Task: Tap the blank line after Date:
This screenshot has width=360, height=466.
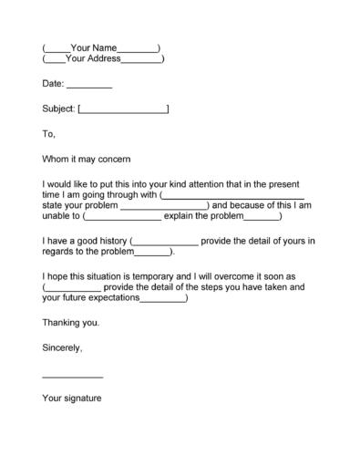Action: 89,85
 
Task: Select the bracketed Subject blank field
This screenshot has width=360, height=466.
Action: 124,110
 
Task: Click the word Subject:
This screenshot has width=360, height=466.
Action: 59,109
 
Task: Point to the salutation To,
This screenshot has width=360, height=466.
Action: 49,134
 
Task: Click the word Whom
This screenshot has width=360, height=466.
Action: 56,158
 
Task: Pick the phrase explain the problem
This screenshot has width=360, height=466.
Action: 205,216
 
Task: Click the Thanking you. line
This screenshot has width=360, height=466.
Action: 71,323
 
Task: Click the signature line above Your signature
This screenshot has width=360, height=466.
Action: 73,377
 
